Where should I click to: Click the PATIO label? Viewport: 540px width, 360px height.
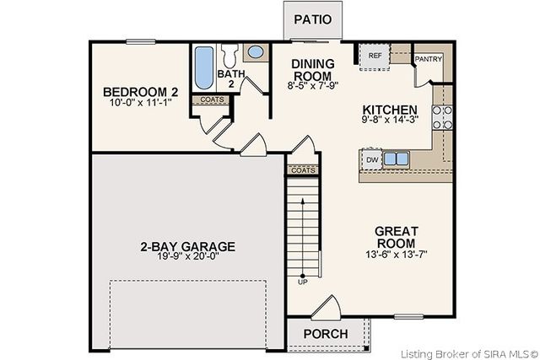pyautogui.click(x=313, y=19)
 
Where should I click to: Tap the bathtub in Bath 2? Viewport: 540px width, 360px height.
pyautogui.click(x=204, y=67)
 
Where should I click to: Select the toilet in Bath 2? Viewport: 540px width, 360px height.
pyautogui.click(x=229, y=56)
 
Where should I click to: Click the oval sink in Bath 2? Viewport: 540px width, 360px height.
pyautogui.click(x=256, y=52)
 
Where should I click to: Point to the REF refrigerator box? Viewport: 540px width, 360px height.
pyautogui.click(x=375, y=57)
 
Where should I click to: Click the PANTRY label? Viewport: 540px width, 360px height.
pyautogui.click(x=429, y=59)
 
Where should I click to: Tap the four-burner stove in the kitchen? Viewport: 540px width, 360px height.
pyautogui.click(x=442, y=117)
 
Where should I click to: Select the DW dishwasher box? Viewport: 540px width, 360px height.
pyautogui.click(x=372, y=160)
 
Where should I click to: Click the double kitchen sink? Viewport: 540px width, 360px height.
pyautogui.click(x=396, y=159)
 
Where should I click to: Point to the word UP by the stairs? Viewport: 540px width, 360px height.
pyautogui.click(x=303, y=282)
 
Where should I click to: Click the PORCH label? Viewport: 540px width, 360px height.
pyautogui.click(x=326, y=334)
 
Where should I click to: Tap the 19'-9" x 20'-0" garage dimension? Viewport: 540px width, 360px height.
pyautogui.click(x=188, y=256)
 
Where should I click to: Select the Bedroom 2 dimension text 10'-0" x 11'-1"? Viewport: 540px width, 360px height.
pyautogui.click(x=141, y=102)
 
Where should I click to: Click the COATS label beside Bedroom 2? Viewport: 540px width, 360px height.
pyautogui.click(x=212, y=99)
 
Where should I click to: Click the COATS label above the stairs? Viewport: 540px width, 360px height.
pyautogui.click(x=303, y=170)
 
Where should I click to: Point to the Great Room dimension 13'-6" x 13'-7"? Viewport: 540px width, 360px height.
pyautogui.click(x=397, y=255)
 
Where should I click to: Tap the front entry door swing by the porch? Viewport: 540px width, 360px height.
pyautogui.click(x=327, y=307)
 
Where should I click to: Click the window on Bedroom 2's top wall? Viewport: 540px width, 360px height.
pyautogui.click(x=141, y=42)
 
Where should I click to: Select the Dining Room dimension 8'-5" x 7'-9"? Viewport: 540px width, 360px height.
pyautogui.click(x=313, y=85)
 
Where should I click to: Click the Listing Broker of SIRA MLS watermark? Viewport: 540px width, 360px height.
pyautogui.click(x=469, y=354)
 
